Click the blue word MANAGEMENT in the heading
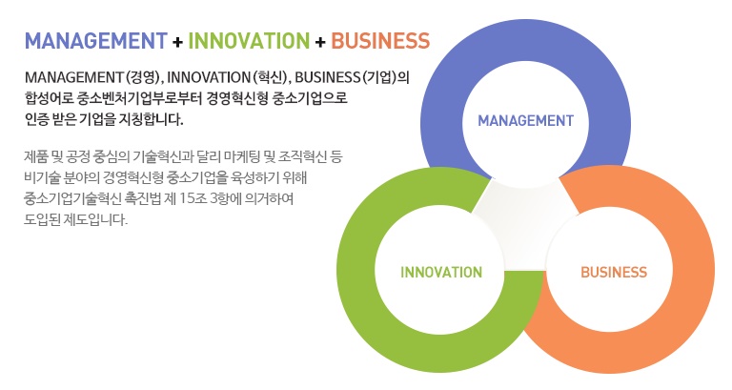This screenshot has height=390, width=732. point(95,41)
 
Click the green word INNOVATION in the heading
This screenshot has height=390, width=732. point(249,41)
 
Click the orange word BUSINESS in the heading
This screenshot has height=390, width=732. point(380,41)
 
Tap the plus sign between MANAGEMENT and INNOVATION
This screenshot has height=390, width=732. point(177,42)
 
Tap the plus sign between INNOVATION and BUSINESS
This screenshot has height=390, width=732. point(320,42)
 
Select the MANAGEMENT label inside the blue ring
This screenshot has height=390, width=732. point(526,121)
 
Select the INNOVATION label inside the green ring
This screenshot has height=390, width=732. point(441,273)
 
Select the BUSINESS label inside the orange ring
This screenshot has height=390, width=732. point(614,273)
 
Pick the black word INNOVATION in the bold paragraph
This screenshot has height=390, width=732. point(209,77)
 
